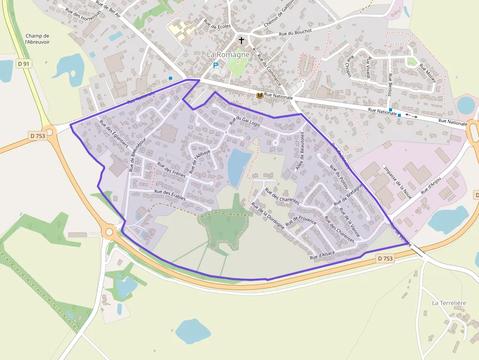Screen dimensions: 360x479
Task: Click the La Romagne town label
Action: point(228,54)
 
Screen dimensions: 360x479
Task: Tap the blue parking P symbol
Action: point(215,65)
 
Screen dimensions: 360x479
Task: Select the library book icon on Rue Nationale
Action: point(260,95)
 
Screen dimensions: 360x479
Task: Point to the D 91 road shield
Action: point(23,64)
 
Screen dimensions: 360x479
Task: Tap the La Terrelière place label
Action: point(449,303)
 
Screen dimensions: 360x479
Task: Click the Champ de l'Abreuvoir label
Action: point(38,39)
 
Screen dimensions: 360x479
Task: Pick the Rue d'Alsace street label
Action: point(322,254)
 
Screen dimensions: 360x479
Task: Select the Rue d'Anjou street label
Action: point(431,185)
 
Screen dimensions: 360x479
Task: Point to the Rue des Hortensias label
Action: point(80,12)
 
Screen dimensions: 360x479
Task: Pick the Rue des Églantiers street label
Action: point(113,133)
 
